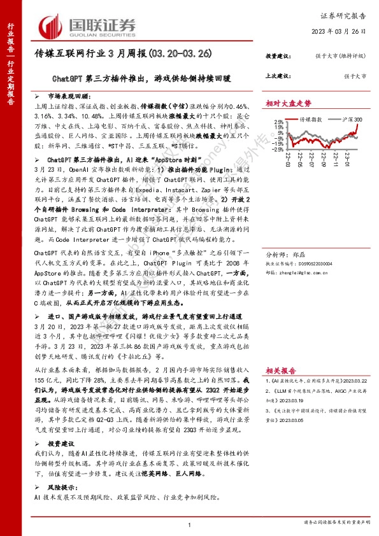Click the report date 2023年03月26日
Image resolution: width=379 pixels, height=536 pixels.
coord(337,31)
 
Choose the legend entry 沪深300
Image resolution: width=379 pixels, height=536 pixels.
coord(351,119)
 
